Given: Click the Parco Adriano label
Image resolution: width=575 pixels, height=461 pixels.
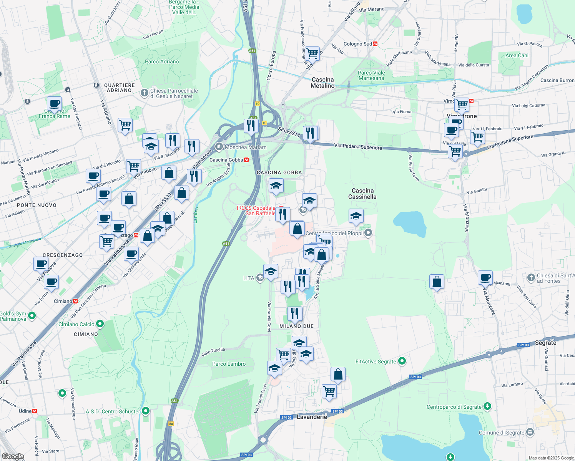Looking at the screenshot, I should pos(162,61).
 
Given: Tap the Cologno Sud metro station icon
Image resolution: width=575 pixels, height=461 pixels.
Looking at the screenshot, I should pos(375,44).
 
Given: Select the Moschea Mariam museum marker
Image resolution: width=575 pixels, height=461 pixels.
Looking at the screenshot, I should pos(219,146).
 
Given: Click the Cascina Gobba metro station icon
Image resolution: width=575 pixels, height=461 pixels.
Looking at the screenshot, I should pos(246,160).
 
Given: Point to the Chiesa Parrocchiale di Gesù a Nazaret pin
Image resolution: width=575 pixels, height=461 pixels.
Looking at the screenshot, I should pos(144,93).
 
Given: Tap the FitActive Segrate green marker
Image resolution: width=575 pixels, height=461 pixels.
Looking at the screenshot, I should pos(402,361).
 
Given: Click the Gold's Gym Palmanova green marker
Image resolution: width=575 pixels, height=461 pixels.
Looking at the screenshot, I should pos(32,316).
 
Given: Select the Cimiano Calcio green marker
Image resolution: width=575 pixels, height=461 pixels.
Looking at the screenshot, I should pos(100,324).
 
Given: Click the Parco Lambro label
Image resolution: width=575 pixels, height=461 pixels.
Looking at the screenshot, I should pos(229,364).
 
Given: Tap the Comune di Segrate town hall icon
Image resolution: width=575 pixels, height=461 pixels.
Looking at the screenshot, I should pos(530,432).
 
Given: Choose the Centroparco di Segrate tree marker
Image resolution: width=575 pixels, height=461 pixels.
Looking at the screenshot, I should pos(487,406).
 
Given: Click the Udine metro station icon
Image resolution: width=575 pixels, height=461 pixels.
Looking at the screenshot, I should pos(35,411).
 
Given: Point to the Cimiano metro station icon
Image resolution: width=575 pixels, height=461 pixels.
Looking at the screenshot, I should pos(75,301).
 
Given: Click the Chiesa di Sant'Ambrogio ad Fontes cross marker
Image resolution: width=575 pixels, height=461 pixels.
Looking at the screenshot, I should pos(531,277).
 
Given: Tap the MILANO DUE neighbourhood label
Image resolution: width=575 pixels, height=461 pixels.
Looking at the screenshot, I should pos(296,326).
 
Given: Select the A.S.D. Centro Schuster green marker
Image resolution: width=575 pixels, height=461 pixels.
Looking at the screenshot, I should pos(145,411).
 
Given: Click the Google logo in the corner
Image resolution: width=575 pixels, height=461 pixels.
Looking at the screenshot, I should pos(13,456).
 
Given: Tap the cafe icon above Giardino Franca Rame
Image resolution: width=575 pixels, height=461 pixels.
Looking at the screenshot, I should pos(54,104).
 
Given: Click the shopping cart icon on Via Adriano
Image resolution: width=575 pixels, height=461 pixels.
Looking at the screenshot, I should pos(125,124).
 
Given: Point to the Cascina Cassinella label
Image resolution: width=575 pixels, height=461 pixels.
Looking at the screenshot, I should pos(362,194).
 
